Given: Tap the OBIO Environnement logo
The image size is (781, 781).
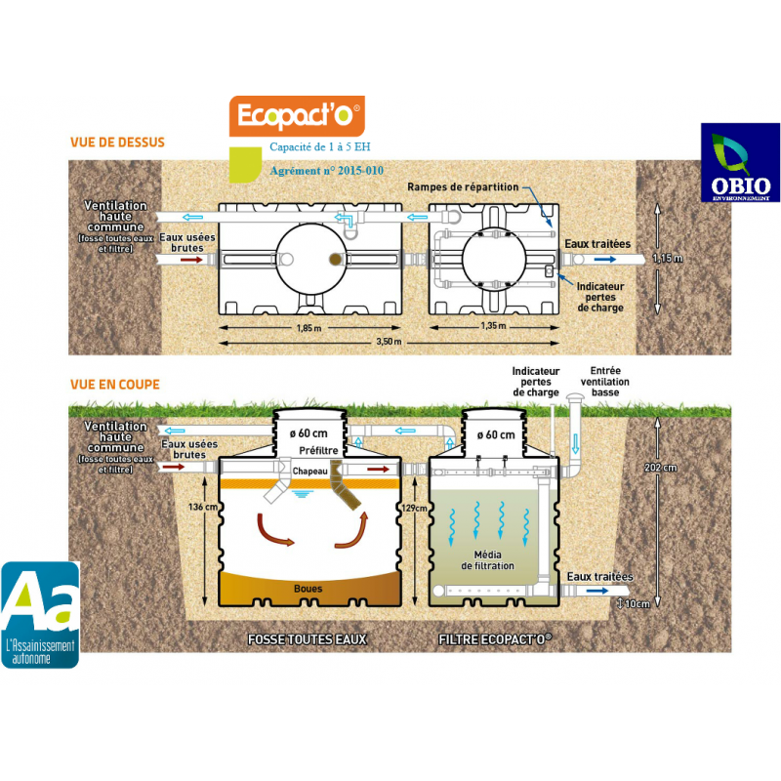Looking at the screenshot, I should click(740, 163).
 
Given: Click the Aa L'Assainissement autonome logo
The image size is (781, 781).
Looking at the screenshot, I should click(40, 614).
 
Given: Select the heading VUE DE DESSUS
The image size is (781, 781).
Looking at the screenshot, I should click(117, 143).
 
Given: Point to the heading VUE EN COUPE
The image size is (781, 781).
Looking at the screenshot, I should click(115, 385).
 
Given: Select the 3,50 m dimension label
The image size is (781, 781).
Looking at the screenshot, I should click(389, 343).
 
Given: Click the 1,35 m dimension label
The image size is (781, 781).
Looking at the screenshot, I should click(494, 328).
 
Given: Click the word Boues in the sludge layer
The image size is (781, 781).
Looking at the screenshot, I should click(308, 589).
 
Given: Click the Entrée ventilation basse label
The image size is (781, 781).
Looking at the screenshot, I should click(604, 381).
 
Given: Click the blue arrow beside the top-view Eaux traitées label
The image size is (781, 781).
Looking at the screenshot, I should click(606, 260).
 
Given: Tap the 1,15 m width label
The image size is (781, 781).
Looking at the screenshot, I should click(667, 259).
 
